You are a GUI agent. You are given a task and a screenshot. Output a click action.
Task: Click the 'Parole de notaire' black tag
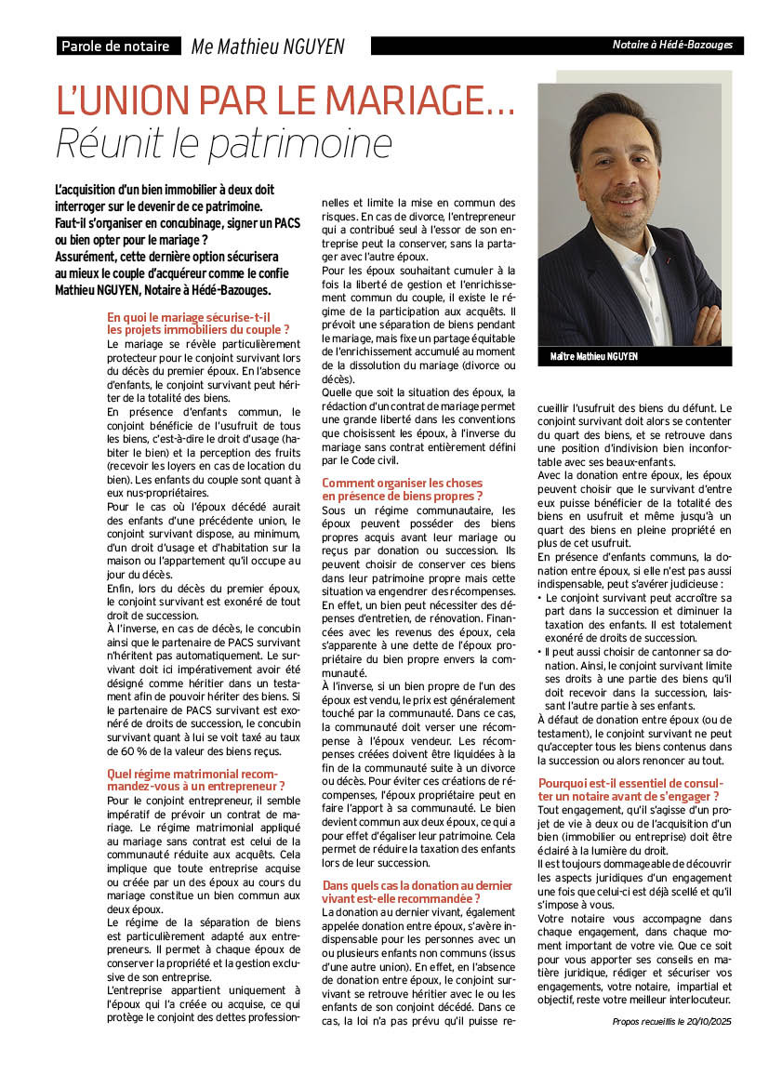[x=116, y=46]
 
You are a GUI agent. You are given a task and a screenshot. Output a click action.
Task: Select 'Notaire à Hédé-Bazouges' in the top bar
[x=671, y=45]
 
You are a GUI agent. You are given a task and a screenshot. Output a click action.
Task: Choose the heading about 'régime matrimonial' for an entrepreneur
[x=195, y=779]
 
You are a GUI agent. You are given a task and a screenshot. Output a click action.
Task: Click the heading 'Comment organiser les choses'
[x=402, y=483]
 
